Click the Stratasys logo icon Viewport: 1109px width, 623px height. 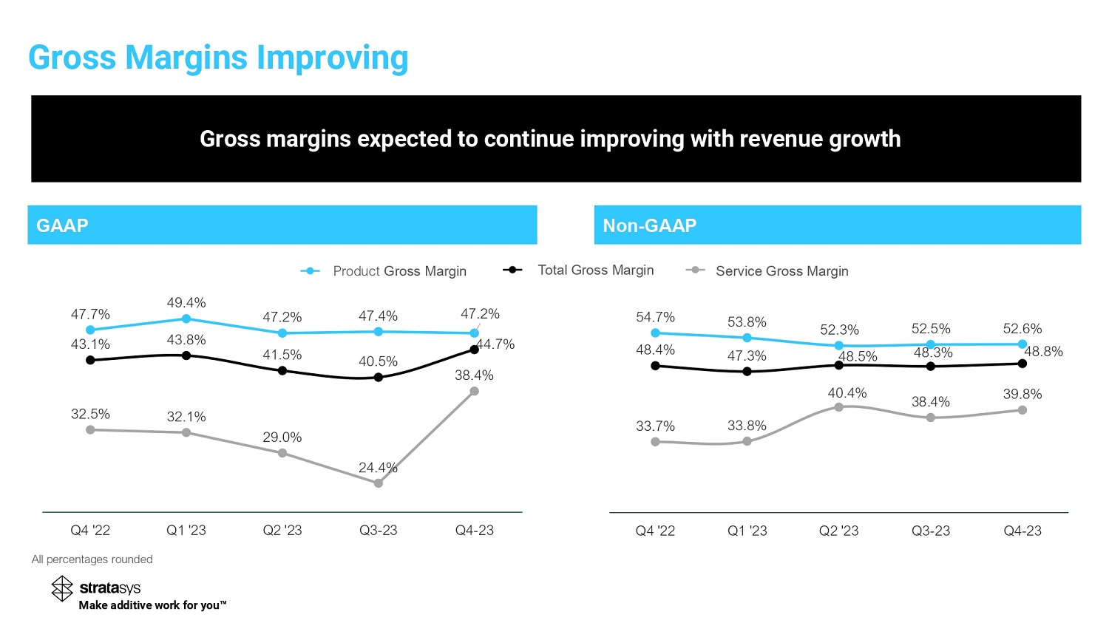click(x=62, y=588)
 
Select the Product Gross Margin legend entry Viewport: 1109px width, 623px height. click(x=399, y=271)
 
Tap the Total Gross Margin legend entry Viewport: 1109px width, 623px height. click(x=595, y=270)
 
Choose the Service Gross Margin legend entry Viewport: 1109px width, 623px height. click(x=781, y=271)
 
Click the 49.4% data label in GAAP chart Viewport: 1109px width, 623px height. click(x=186, y=303)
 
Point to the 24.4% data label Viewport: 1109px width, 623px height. click(x=378, y=468)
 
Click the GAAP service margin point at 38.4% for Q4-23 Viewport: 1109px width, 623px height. click(x=475, y=391)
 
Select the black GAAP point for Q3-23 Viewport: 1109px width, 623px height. click(x=379, y=377)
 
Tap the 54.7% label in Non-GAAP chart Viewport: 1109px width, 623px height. click(x=655, y=317)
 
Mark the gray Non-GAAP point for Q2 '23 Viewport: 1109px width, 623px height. click(x=839, y=407)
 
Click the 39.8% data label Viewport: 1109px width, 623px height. click(x=1022, y=395)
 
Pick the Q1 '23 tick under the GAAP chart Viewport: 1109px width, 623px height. click(x=186, y=531)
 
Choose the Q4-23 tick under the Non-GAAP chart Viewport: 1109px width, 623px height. click(x=1022, y=531)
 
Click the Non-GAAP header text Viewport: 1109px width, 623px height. click(x=650, y=225)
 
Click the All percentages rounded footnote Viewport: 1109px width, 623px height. click(x=92, y=559)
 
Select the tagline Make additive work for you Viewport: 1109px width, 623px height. click(x=152, y=605)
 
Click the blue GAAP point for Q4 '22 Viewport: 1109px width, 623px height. click(x=90, y=330)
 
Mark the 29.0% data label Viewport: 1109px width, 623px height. click(x=282, y=438)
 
